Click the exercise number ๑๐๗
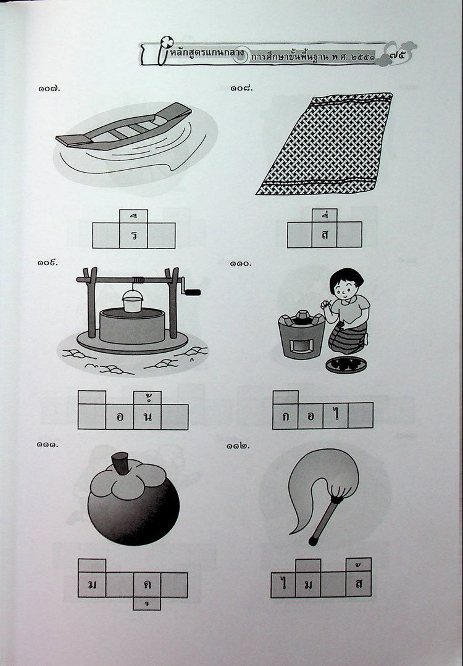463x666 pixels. click(x=49, y=89)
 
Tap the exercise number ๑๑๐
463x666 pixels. click(x=241, y=264)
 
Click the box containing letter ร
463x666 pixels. click(x=133, y=236)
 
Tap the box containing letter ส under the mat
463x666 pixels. click(x=324, y=234)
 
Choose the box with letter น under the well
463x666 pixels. click(x=148, y=417)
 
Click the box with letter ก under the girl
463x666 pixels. click(x=285, y=416)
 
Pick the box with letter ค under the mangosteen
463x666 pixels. click(x=147, y=585)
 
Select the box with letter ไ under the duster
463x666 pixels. click(x=283, y=585)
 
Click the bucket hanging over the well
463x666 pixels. click(x=132, y=301)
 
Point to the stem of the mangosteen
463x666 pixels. click(x=121, y=463)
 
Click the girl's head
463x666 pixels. click(x=347, y=284)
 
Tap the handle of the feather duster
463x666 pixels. click(x=325, y=520)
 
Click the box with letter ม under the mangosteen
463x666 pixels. click(x=92, y=585)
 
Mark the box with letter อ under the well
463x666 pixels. click(x=120, y=417)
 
